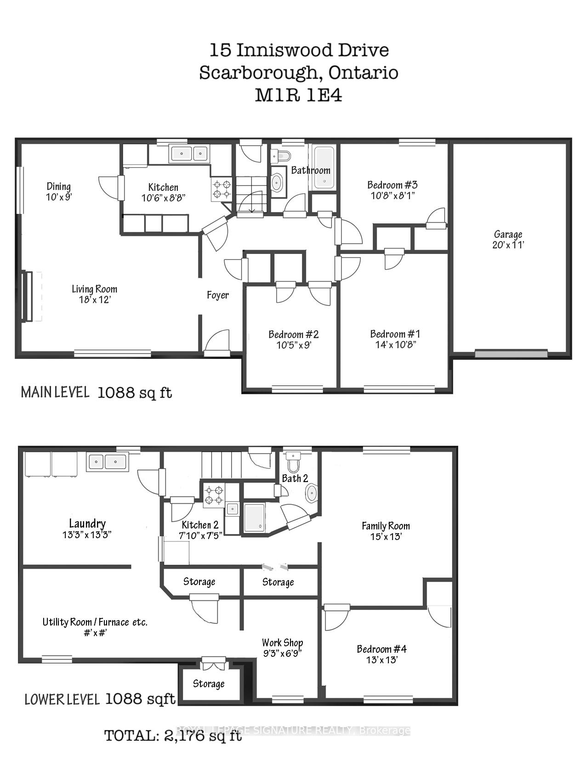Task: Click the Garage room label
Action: (x=508, y=234)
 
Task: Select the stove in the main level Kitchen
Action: (x=222, y=190)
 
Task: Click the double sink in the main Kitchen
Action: (x=189, y=154)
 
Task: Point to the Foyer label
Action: (x=218, y=295)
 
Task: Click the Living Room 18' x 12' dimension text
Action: (x=94, y=300)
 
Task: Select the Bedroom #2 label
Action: (x=293, y=334)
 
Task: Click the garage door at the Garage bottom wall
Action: (x=511, y=353)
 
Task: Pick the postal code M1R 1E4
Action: (x=298, y=95)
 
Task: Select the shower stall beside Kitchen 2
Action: (x=254, y=518)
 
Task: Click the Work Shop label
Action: (x=282, y=643)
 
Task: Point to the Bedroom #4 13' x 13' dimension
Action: (x=381, y=660)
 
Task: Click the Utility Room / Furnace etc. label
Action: (x=95, y=622)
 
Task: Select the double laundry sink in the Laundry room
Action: (x=108, y=461)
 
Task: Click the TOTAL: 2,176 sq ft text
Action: (x=173, y=735)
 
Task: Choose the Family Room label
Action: (x=385, y=526)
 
